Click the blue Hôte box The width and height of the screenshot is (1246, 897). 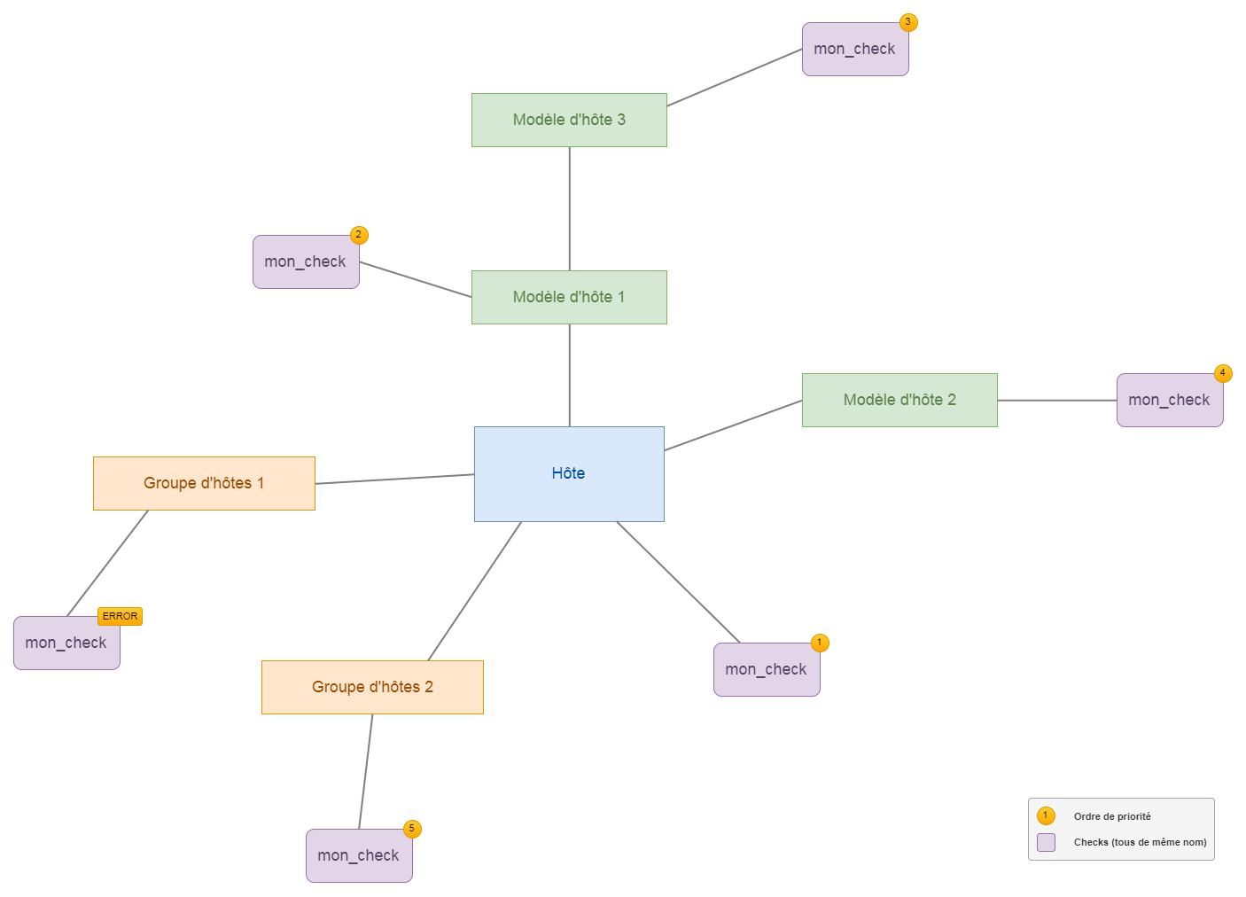point(569,473)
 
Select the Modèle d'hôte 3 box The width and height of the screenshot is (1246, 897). point(569,120)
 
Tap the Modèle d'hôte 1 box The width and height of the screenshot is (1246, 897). point(569,297)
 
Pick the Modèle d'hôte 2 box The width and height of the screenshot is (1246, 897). point(899,400)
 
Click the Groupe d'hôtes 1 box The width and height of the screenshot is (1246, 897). point(204,483)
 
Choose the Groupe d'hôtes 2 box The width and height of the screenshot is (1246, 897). point(372,687)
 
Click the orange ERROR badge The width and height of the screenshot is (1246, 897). point(120,616)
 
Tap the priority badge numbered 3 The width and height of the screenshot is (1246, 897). point(908,22)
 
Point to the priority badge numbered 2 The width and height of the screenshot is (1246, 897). point(359,235)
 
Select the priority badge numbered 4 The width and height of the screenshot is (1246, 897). point(1223,373)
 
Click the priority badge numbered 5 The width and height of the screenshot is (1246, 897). point(412,829)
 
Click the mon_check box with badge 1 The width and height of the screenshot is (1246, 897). point(767,670)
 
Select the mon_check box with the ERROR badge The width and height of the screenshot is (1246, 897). point(66,643)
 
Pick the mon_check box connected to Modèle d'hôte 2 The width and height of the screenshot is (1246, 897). point(1170,401)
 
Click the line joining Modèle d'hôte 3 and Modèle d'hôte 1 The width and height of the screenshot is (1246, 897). point(569,208)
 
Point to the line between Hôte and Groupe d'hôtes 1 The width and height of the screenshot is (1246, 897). point(394,479)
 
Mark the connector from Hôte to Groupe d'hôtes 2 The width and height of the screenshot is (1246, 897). point(475,591)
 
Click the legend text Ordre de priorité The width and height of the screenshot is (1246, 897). point(1112,816)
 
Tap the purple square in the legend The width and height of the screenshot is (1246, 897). point(1046,842)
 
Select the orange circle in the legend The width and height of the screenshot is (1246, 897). point(1046,815)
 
